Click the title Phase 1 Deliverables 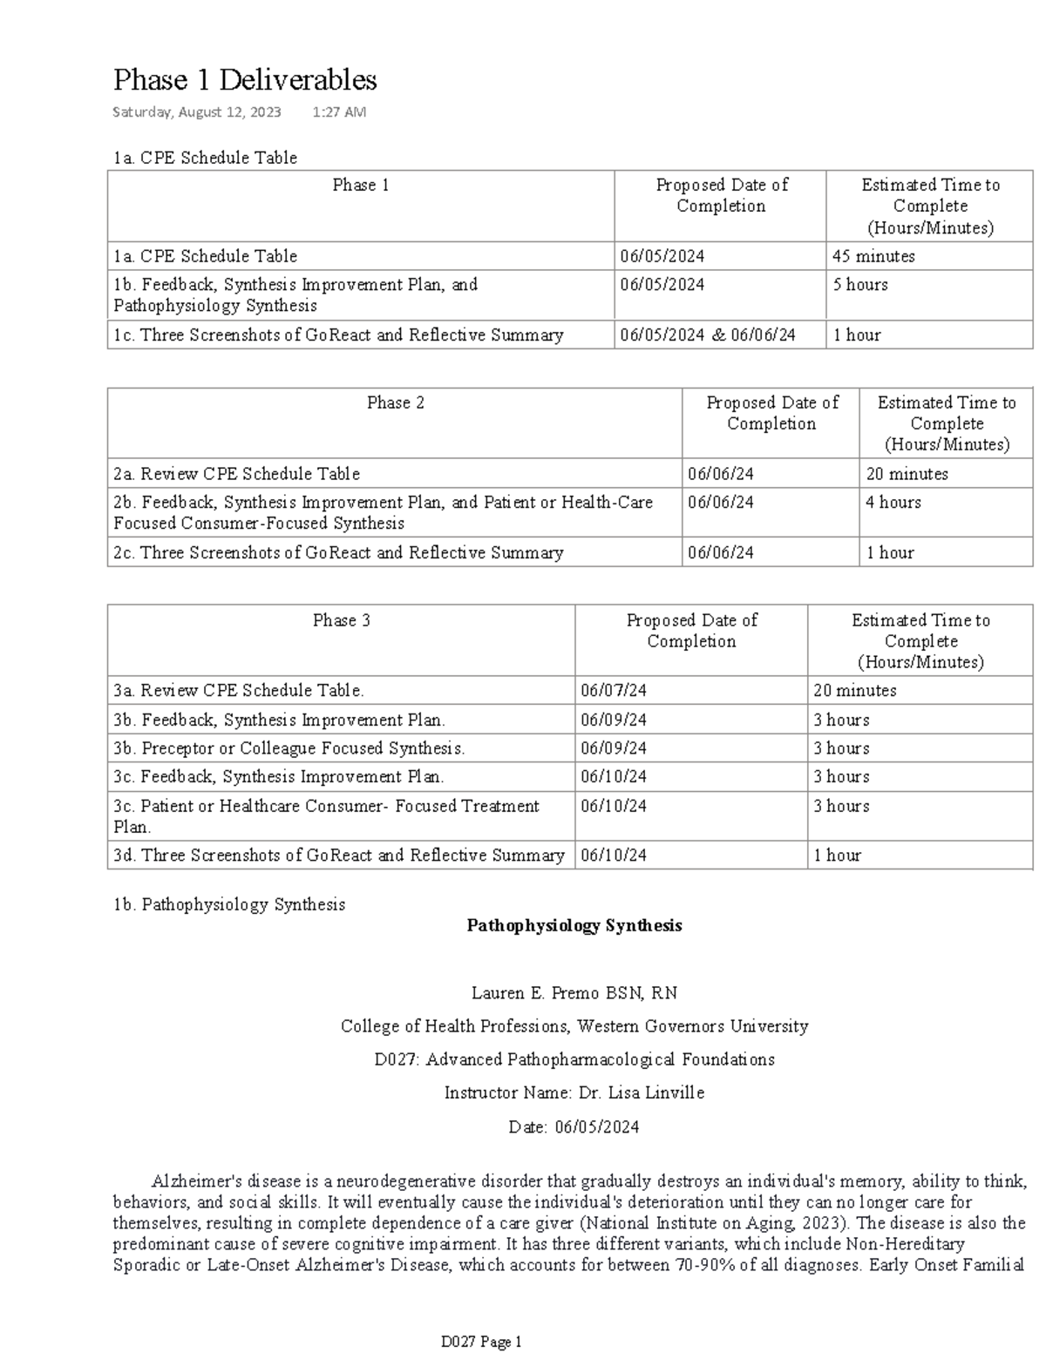tap(245, 80)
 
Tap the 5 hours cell tap(860, 285)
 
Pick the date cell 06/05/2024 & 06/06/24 tap(708, 335)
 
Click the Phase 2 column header tap(395, 403)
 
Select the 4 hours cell tap(893, 503)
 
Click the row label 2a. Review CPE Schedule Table tap(236, 474)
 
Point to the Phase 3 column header tap(341, 620)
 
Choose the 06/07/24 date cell tap(614, 691)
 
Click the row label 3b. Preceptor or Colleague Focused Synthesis tap(289, 748)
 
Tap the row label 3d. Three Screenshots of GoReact tap(339, 856)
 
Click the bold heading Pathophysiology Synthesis tap(574, 926)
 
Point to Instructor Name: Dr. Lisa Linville tap(574, 1093)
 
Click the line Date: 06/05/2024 tap(574, 1126)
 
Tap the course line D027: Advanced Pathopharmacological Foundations tap(574, 1059)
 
